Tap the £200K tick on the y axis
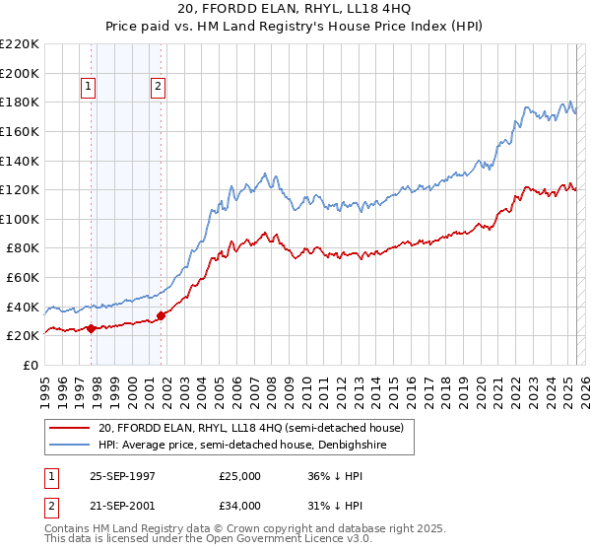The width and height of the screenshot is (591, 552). pyautogui.click(x=20, y=73)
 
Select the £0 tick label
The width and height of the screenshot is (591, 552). pyautogui.click(x=31, y=365)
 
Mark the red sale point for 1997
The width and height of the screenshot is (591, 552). pyautogui.click(x=92, y=328)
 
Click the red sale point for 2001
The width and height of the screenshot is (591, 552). pyautogui.click(x=161, y=315)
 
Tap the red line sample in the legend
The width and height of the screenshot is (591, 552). pyautogui.click(x=70, y=428)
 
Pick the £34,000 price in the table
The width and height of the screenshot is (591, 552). pyautogui.click(x=239, y=506)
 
